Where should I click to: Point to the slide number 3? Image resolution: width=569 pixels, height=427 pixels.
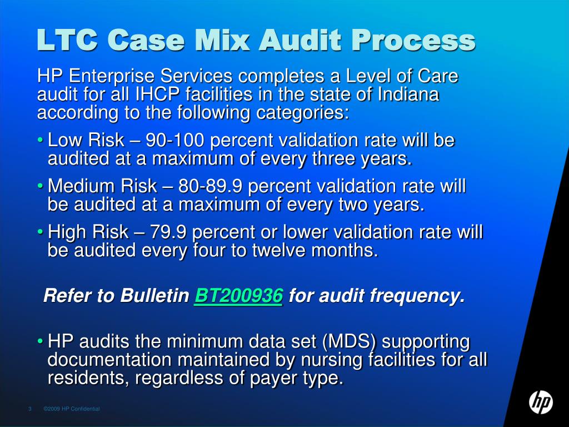[29, 409]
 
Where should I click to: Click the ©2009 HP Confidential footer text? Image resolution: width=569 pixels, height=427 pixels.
[72, 409]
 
